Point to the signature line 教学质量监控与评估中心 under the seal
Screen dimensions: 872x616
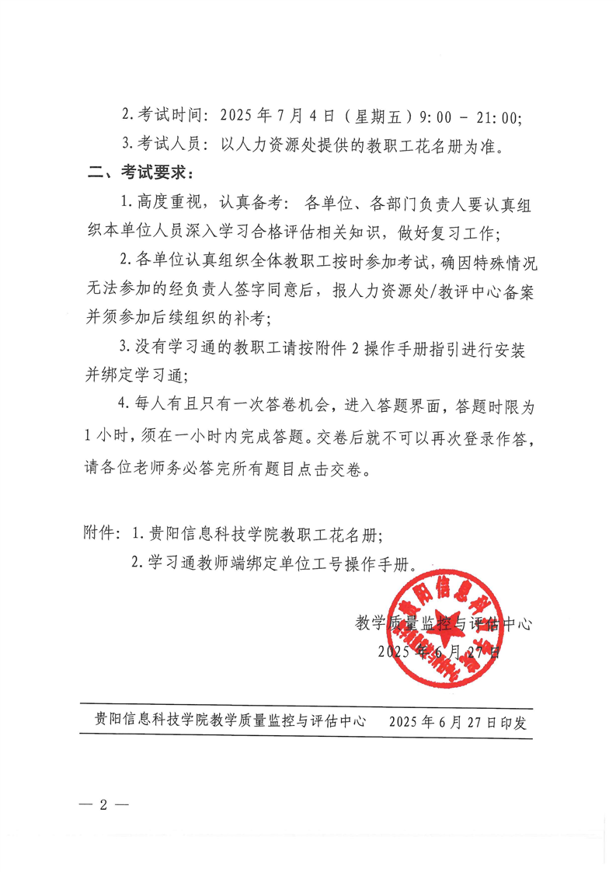443,623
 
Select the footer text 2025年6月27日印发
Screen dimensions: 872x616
460,721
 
